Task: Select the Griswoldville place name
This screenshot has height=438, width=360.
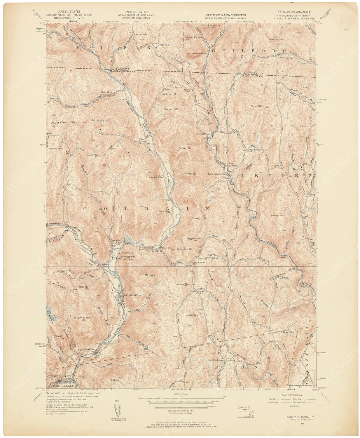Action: pos(133,295)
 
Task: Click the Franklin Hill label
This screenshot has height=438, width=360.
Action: pos(168,94)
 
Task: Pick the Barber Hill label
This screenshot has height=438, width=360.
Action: pos(171,109)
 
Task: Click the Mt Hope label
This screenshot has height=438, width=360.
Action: pos(150,275)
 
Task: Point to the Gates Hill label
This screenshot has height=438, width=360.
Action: pos(256,106)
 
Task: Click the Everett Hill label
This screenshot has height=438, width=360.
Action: pos(199,218)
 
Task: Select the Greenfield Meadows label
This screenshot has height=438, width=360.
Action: pos(301,385)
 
